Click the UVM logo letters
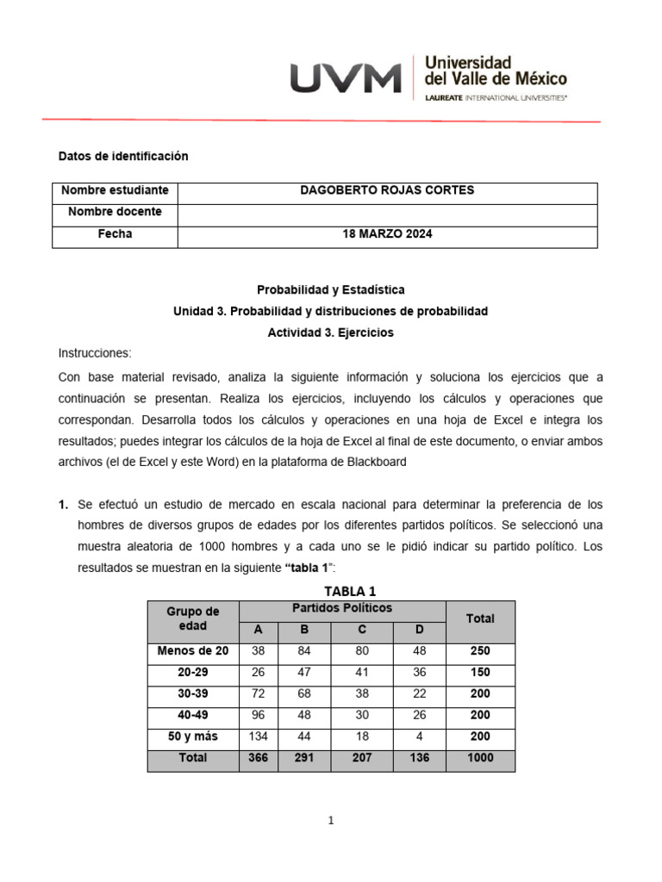pyautogui.click(x=345, y=78)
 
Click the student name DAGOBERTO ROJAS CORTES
pyautogui.click(x=386, y=190)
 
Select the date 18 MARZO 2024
pyautogui.click(x=386, y=234)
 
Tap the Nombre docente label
pyautogui.click(x=115, y=212)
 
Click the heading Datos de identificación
pyautogui.click(x=122, y=156)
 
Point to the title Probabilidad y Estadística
pyautogui.click(x=330, y=289)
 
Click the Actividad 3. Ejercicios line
pyautogui.click(x=330, y=332)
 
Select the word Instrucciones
pyautogui.click(x=95, y=354)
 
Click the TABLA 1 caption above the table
pyautogui.click(x=349, y=591)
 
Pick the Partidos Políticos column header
pyautogui.click(x=342, y=608)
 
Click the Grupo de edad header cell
pyautogui.click(x=193, y=619)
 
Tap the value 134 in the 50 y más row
pyautogui.click(x=258, y=736)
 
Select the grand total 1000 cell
pyautogui.click(x=480, y=758)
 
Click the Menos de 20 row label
pyautogui.click(x=193, y=651)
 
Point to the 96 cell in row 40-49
pyautogui.click(x=258, y=715)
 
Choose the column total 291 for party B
pyautogui.click(x=304, y=758)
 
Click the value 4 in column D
pyautogui.click(x=420, y=736)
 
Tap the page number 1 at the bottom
pyautogui.click(x=331, y=821)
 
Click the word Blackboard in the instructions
pyautogui.click(x=376, y=462)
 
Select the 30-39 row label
pyautogui.click(x=193, y=693)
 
